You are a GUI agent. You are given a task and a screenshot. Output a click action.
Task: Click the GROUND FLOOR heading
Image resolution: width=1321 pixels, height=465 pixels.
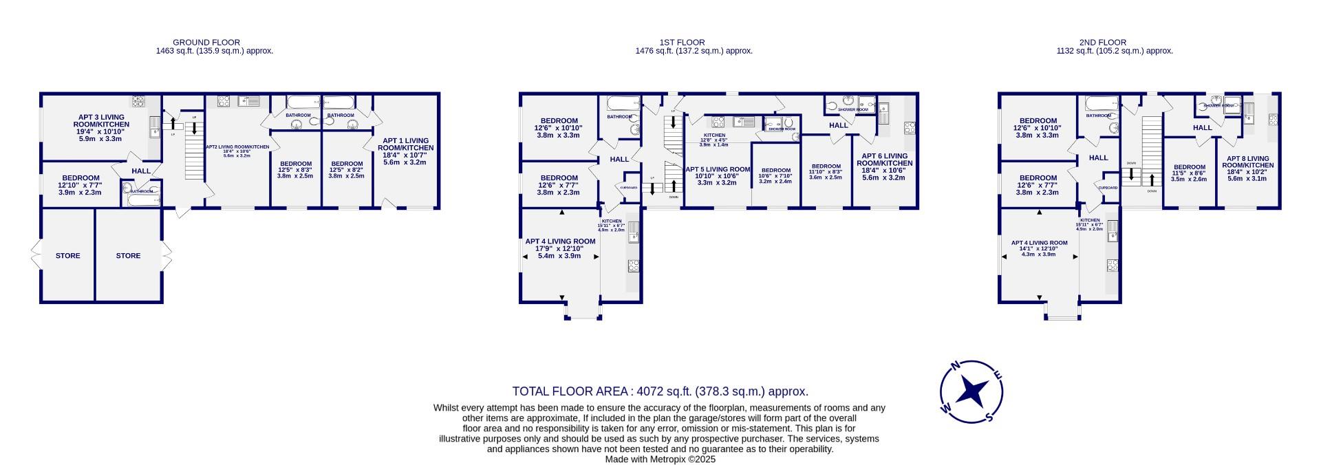(x=206, y=43)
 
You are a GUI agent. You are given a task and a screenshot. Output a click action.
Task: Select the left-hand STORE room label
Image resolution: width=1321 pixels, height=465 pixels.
(x=67, y=256)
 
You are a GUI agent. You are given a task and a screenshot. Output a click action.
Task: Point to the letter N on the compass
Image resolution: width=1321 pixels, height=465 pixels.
(x=954, y=367)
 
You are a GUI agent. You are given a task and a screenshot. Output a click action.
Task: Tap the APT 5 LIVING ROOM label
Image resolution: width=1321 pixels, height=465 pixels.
(x=718, y=169)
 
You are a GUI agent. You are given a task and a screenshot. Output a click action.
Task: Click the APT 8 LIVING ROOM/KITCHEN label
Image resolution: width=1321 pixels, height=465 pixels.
(x=1250, y=162)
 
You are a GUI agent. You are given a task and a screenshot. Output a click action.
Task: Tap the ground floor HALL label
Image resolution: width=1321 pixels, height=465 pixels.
(x=141, y=171)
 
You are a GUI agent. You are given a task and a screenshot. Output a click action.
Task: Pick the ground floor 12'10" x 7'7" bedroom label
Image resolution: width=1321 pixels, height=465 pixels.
(x=81, y=185)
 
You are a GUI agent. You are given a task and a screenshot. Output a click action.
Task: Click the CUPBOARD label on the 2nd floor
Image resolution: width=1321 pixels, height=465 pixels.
(x=1108, y=188)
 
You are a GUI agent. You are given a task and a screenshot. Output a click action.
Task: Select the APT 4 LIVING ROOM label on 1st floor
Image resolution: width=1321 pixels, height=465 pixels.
(x=560, y=241)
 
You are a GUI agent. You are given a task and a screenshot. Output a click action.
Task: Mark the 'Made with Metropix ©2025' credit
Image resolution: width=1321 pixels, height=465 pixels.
(x=660, y=459)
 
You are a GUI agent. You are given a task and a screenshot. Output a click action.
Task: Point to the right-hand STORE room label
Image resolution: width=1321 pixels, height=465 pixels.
(x=128, y=256)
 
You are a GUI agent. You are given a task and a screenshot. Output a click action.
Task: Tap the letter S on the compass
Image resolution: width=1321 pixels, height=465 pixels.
(x=989, y=416)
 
